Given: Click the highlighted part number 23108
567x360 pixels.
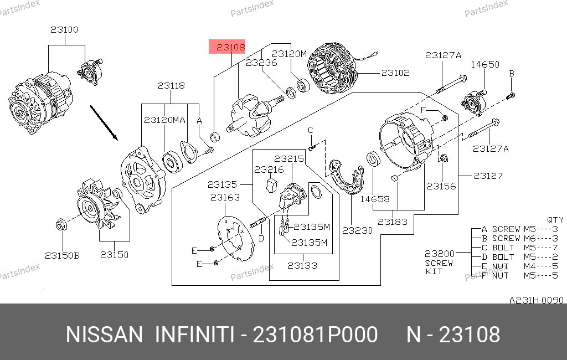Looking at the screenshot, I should [x=230, y=48].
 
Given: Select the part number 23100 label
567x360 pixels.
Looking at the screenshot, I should [x=64, y=30].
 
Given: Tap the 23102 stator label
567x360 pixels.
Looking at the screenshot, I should [x=395, y=73].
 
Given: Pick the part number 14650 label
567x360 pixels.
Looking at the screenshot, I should [x=484, y=64].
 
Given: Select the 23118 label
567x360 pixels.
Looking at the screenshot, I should [x=171, y=86].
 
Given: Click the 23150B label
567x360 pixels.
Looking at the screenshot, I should [x=62, y=255].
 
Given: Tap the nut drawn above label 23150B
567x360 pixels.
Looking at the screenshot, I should [x=61, y=225].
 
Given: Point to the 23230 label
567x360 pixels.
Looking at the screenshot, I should [x=357, y=230].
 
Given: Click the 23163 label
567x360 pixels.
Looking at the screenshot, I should [x=225, y=197].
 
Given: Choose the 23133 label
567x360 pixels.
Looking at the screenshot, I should [x=302, y=265].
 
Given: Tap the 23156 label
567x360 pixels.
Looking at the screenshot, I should [x=441, y=186].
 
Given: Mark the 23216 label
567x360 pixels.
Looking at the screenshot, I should [x=269, y=169].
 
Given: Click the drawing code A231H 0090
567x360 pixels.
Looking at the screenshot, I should [x=536, y=300].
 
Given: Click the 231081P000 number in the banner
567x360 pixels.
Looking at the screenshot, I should [x=315, y=335].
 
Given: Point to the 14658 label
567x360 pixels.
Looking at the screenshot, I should [x=375, y=199].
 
